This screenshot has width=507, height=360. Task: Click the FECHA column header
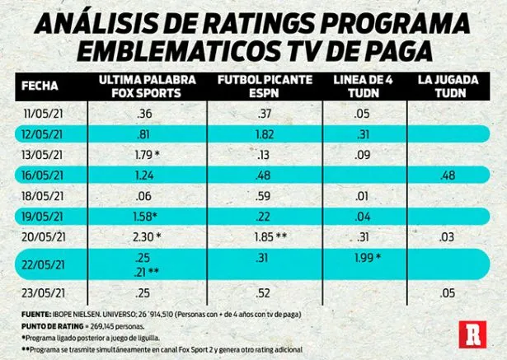(39, 85)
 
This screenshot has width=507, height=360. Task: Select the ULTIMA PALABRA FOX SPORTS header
(138, 85)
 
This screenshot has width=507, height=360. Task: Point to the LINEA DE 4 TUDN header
(359, 85)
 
